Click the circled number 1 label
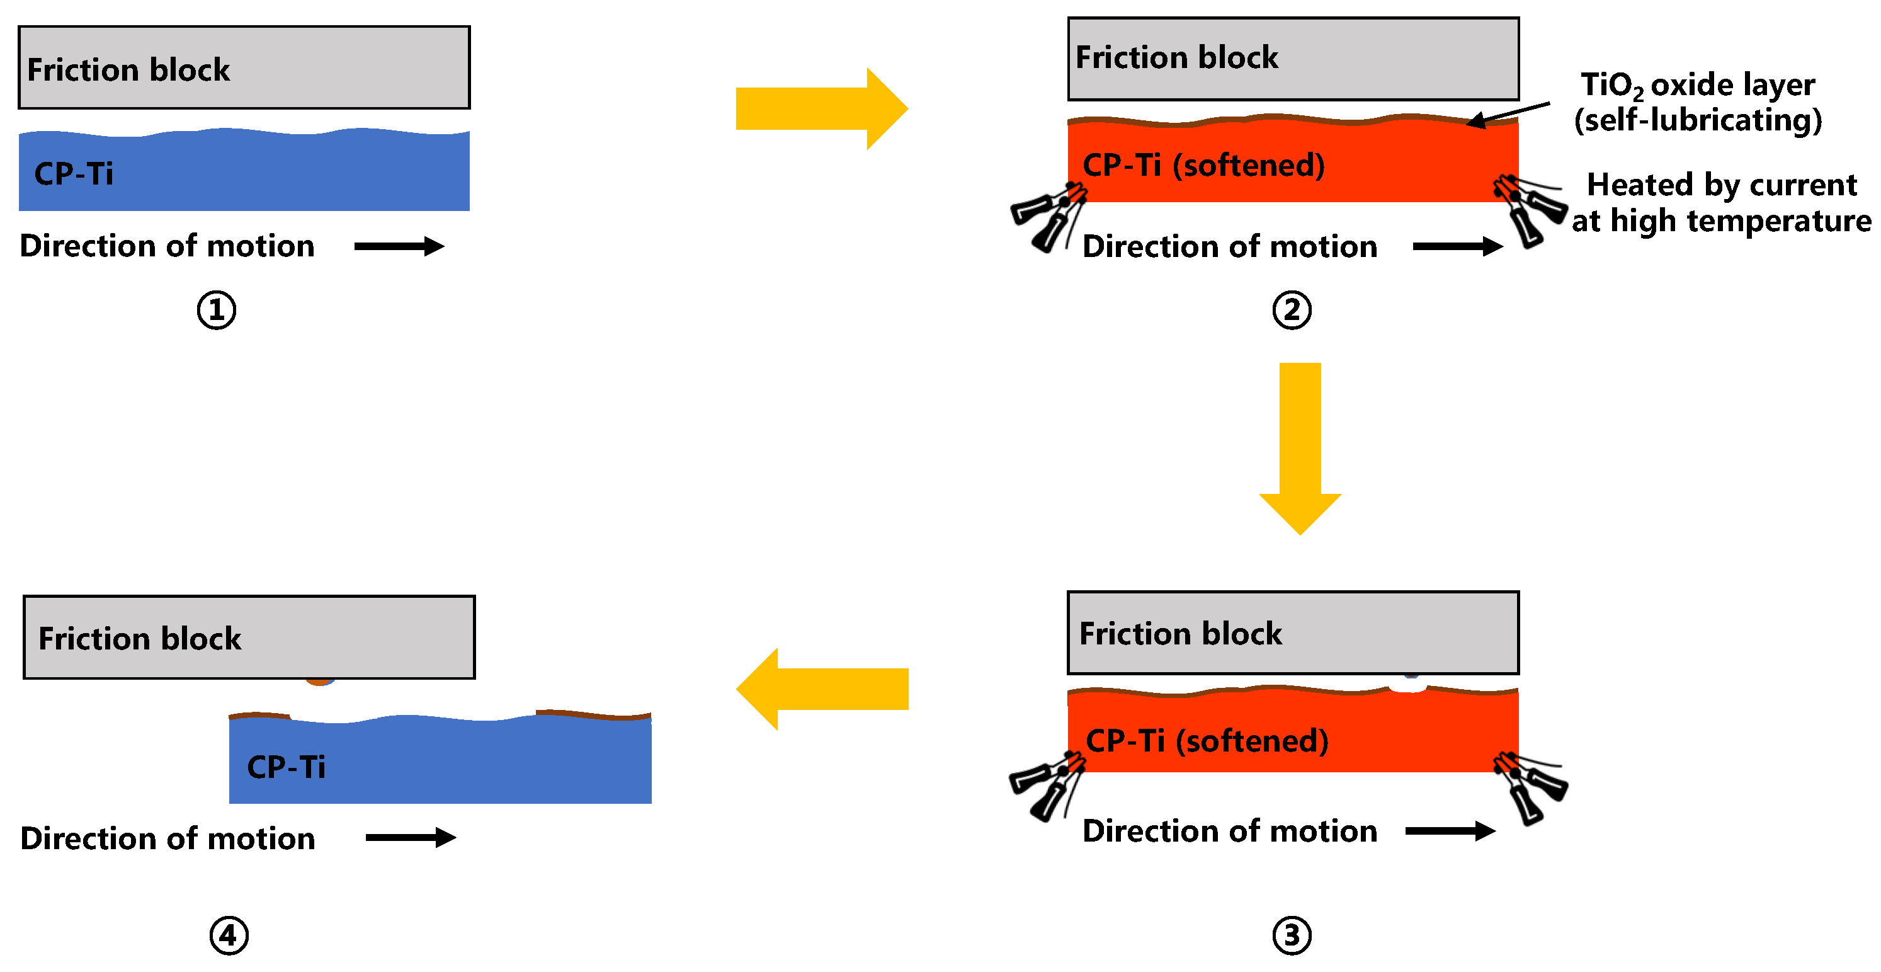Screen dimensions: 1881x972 click(216, 310)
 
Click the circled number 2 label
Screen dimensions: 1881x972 click(1292, 310)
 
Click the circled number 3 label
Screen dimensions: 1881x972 click(1292, 935)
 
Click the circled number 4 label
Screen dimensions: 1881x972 click(229, 935)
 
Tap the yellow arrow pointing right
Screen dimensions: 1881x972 click(821, 109)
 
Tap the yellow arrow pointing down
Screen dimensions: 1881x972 click(1300, 449)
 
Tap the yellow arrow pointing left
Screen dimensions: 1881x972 click(821, 689)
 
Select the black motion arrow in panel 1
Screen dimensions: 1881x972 click(399, 246)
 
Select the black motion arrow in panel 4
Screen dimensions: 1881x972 click(411, 837)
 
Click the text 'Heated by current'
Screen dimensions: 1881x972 click(1722, 184)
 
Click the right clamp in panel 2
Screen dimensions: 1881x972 click(1530, 210)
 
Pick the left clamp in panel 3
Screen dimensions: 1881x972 click(1048, 787)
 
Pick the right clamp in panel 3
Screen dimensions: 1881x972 click(1530, 788)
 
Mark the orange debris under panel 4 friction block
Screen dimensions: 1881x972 click(320, 682)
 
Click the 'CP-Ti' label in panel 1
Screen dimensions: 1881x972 click(74, 174)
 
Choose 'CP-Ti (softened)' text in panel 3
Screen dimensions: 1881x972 click(1207, 741)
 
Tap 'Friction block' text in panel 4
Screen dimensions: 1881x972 click(139, 638)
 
